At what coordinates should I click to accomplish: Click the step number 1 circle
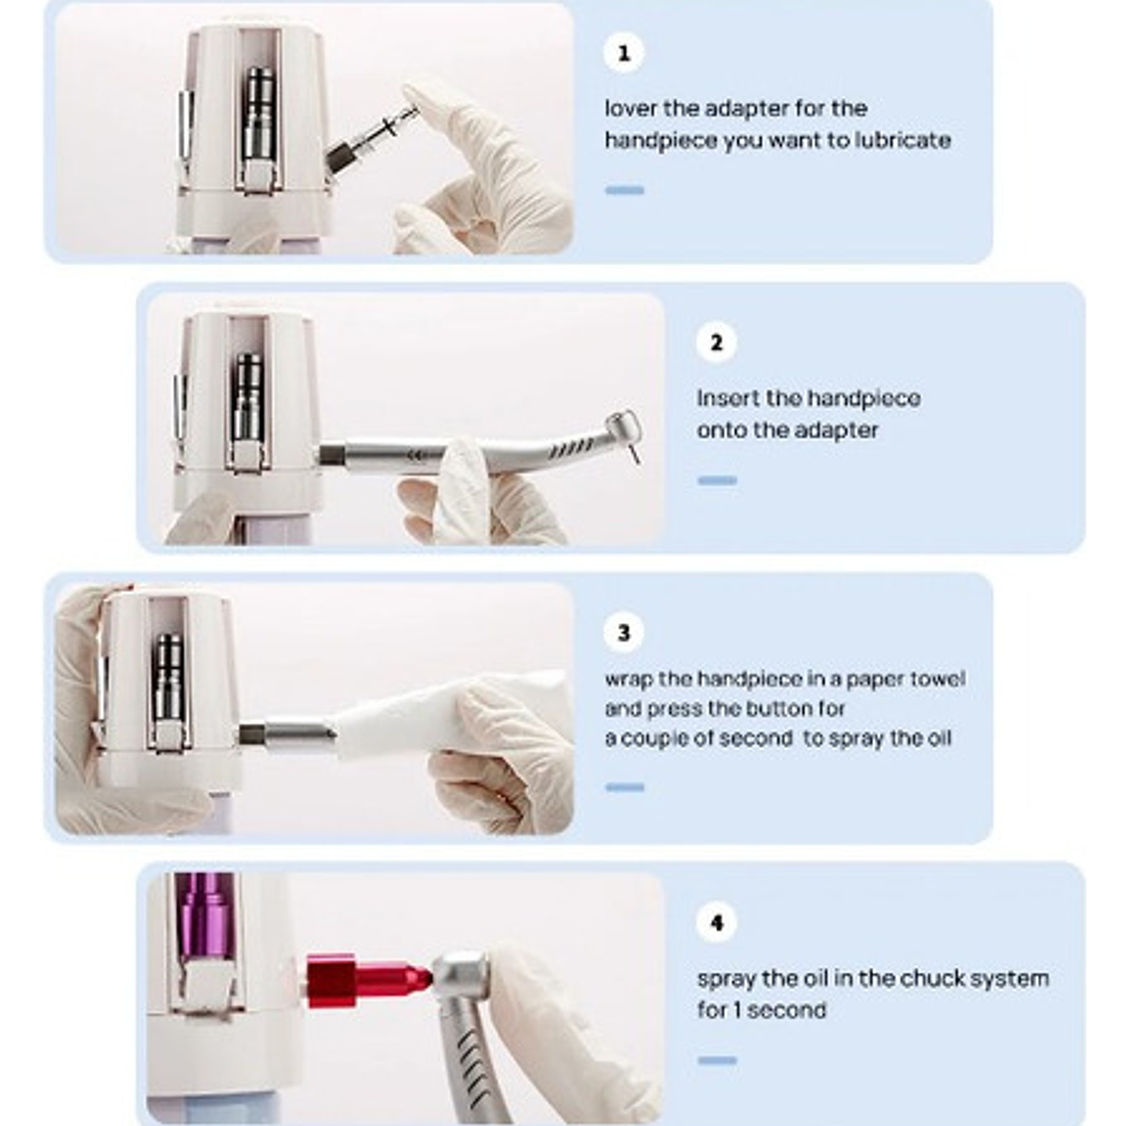[623, 53]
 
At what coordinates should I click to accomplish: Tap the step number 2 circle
[716, 343]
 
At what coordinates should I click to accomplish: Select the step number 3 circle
[623, 633]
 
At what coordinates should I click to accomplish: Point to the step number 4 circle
[716, 923]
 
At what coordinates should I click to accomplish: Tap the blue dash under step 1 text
[624, 191]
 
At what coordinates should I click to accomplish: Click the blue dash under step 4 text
[717, 1060]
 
